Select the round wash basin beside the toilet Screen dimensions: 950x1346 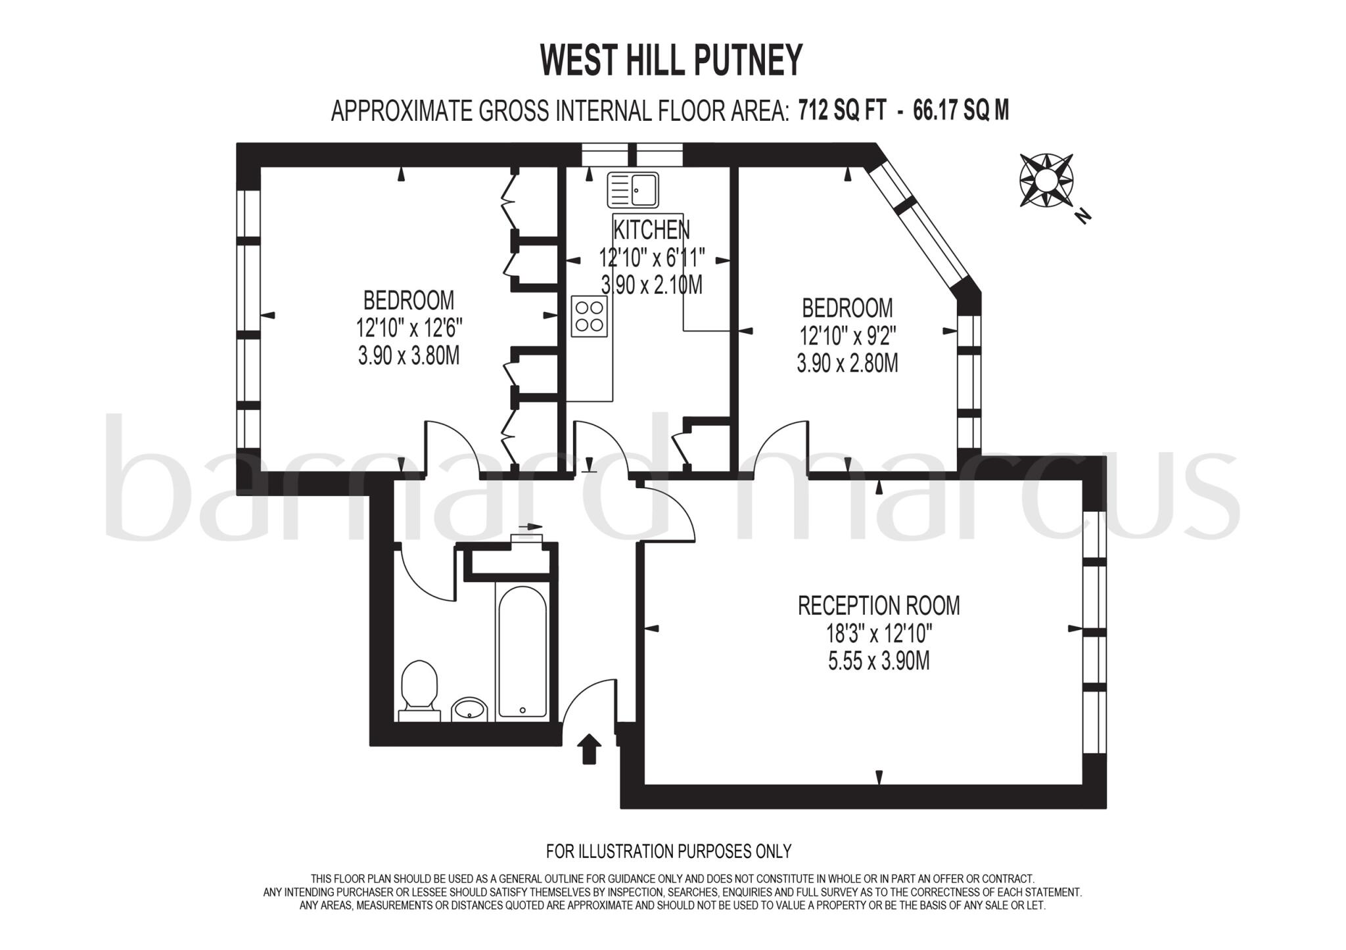click(469, 709)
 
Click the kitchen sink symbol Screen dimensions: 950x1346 click(632, 190)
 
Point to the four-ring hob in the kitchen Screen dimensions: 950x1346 click(589, 316)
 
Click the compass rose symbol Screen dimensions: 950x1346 click(1046, 179)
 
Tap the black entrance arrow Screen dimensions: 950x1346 click(588, 748)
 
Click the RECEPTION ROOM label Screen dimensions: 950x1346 click(879, 605)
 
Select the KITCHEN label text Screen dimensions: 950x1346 click(651, 230)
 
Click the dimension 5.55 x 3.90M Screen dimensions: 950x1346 click(879, 661)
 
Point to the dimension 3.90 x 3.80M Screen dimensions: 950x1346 click(408, 356)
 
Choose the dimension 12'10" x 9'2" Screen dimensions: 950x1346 click(847, 336)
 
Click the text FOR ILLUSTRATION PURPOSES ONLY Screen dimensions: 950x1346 click(668, 851)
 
